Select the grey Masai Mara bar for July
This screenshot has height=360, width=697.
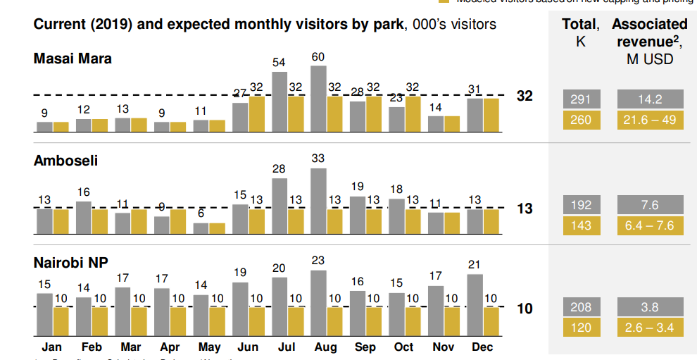(280, 103)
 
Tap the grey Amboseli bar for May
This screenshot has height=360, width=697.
(201, 228)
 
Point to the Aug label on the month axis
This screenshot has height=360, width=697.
(325, 347)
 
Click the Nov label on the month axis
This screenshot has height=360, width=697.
(443, 347)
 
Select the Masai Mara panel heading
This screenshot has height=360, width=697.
(73, 58)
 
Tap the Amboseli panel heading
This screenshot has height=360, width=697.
(65, 161)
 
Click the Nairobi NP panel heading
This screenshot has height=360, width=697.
(70, 263)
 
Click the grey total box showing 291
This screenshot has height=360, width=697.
(581, 99)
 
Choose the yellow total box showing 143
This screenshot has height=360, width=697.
(581, 225)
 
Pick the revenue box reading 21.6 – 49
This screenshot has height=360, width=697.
(649, 120)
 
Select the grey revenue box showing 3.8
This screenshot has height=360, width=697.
(649, 306)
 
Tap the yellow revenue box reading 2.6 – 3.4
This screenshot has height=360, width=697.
(649, 327)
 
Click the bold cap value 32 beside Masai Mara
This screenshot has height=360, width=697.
(525, 97)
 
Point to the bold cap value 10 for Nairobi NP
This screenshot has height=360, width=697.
(525, 309)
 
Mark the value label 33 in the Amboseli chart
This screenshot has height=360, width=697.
(318, 159)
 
